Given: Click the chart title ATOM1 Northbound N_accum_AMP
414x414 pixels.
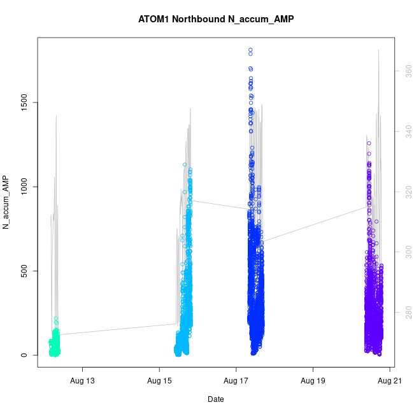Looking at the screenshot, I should (x=216, y=19).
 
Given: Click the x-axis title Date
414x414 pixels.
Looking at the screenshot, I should (x=215, y=399).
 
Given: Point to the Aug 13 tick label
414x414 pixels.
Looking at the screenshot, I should (x=82, y=381).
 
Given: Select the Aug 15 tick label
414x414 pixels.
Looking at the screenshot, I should (x=159, y=381).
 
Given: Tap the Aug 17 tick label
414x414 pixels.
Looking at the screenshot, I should (x=236, y=381).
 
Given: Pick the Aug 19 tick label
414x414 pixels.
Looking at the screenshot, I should (x=313, y=381).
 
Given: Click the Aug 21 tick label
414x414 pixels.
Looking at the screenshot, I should (x=389, y=381).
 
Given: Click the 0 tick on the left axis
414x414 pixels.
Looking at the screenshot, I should (x=25, y=355).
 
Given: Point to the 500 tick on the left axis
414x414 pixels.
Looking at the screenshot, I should (x=25, y=271).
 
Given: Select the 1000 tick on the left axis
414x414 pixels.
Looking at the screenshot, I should (x=25, y=187).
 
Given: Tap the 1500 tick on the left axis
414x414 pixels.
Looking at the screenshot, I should (x=25, y=102).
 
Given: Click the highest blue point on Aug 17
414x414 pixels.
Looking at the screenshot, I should (x=250, y=50).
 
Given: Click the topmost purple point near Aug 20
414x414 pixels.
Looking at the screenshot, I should (x=368, y=143).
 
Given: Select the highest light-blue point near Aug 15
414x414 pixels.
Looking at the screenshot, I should (x=185, y=164).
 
